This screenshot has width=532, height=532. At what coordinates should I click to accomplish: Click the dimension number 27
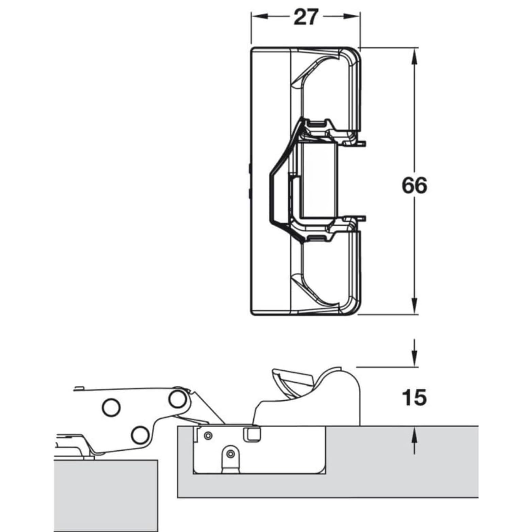click(x=306, y=17)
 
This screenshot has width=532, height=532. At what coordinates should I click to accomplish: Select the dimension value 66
click(x=414, y=186)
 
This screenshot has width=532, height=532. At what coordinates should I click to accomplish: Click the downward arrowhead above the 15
click(x=414, y=359)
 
